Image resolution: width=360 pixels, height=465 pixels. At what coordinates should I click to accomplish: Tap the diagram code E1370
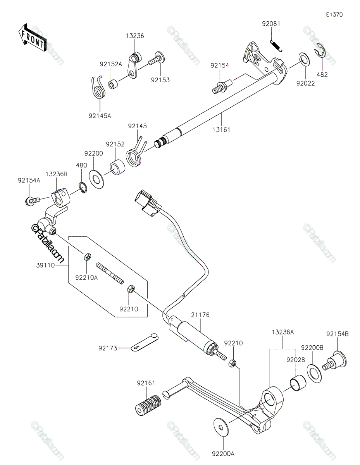tap(334, 15)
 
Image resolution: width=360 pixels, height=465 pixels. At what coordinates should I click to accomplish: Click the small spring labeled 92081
tap(276, 45)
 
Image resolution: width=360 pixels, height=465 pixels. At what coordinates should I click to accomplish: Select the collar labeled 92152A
tap(113, 84)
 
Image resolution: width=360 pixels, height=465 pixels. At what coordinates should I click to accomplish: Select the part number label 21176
tap(200, 315)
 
